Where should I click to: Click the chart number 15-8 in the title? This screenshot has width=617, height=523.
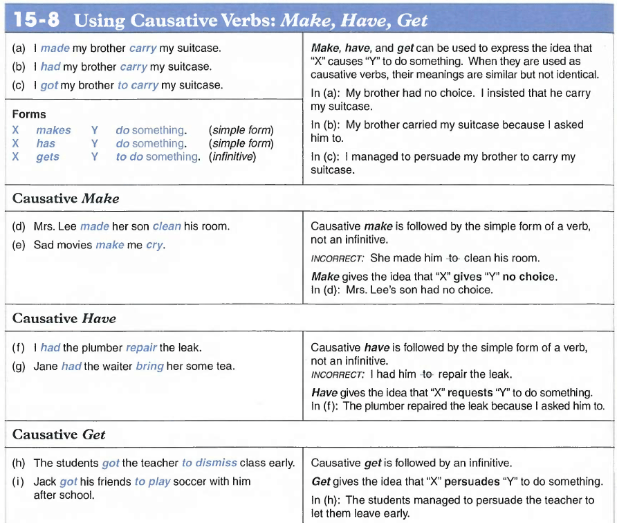coord(33,19)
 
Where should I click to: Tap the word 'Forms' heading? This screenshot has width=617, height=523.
coord(29,114)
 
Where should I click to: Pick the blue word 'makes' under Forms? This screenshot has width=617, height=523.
coord(53,130)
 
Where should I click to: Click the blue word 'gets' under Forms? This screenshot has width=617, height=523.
coord(48,157)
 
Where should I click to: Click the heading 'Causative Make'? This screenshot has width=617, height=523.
coord(66,199)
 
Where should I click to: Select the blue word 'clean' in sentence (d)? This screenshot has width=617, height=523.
coord(167,226)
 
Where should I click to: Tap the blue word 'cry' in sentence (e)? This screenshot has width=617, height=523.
coord(155,245)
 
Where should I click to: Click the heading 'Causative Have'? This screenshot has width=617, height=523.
coord(64,319)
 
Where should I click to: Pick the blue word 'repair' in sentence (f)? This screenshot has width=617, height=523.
coord(141,348)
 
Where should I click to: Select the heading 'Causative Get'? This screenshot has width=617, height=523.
coord(59,434)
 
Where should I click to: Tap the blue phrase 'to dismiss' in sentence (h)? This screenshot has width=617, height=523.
coord(209,463)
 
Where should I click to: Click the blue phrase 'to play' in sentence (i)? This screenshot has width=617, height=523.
coord(152,481)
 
